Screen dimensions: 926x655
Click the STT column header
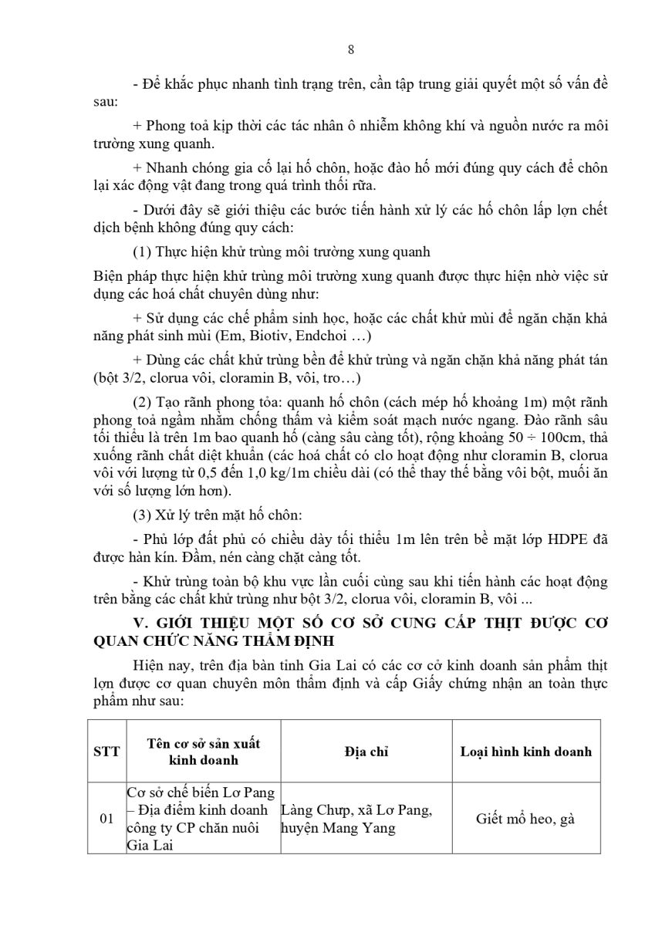[106, 751]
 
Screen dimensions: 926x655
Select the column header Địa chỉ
[366, 751]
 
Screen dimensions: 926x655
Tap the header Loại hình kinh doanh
[525, 751]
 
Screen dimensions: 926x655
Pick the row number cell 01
[106, 819]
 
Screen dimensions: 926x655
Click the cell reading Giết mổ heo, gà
[525, 819]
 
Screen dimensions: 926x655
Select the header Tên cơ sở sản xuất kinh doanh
[203, 751]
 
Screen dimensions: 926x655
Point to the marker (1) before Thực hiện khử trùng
[142, 252]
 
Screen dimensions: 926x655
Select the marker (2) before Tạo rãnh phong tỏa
[142, 403]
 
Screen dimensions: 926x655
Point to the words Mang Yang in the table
[363, 828]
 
